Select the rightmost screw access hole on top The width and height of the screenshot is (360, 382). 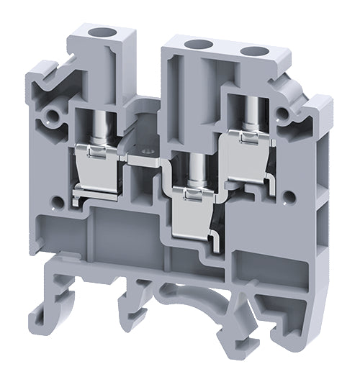[x=253, y=51]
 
